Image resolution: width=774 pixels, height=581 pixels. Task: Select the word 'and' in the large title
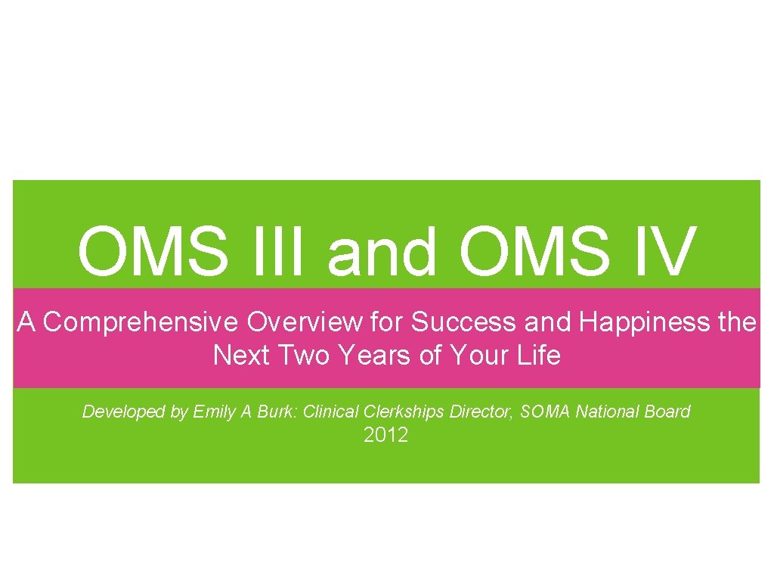tap(382, 252)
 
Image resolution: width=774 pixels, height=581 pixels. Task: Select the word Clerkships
tap(405, 412)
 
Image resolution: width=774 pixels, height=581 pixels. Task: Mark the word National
tap(607, 412)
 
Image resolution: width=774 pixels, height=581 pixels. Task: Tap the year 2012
tap(385, 435)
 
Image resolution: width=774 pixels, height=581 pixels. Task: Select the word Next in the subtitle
tap(241, 354)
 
